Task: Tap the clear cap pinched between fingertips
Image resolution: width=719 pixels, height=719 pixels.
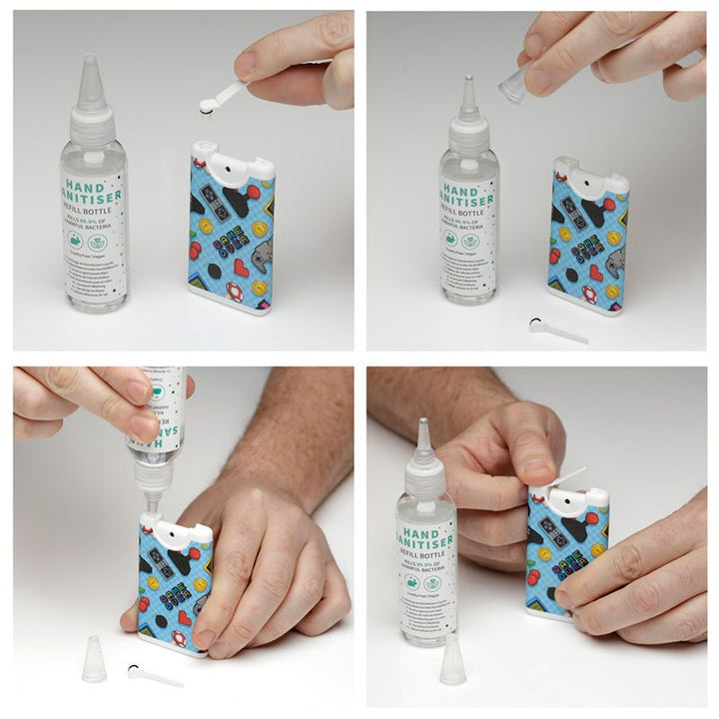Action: point(513,86)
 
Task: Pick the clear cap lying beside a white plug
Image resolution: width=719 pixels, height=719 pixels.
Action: point(94,659)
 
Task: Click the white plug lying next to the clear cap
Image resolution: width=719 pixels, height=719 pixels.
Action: point(150,674)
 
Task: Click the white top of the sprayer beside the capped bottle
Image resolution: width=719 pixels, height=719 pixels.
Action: point(233,160)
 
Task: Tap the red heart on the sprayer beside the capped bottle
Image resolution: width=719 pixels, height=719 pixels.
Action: point(240,268)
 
